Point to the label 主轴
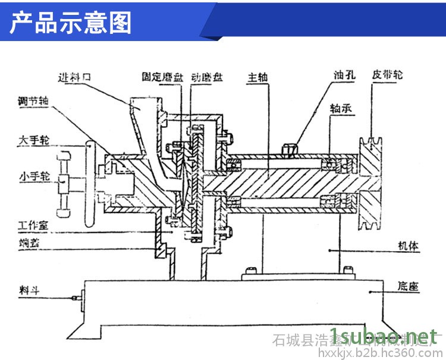click(258, 78)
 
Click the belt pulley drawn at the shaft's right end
click(373, 184)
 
